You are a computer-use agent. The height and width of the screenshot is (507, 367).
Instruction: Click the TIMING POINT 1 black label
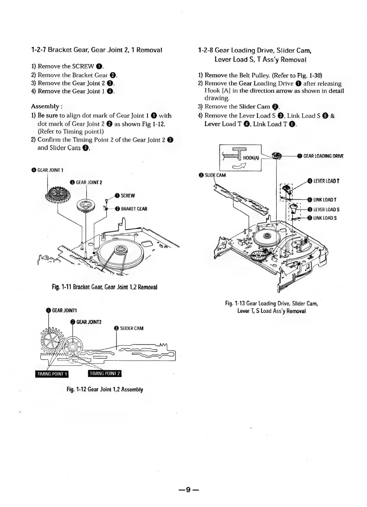point(51,374)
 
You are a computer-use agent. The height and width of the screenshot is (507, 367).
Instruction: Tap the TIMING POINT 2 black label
point(105,373)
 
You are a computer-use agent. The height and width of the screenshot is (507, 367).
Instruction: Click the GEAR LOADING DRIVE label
point(323,156)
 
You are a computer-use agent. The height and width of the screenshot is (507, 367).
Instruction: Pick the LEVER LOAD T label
point(326,181)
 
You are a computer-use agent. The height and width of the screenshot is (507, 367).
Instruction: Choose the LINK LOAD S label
point(325,218)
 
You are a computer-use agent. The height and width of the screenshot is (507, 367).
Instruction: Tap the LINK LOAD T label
point(324,200)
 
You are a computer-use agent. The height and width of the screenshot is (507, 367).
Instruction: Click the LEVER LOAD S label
point(326,210)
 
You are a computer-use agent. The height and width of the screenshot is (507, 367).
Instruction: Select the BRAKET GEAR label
point(134,209)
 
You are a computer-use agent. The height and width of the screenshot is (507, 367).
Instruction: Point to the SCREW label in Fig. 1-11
point(128,196)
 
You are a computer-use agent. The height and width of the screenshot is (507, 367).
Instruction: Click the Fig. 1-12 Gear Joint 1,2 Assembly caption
point(105,389)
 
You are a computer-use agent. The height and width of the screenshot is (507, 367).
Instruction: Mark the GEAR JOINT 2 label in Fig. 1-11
point(89,182)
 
